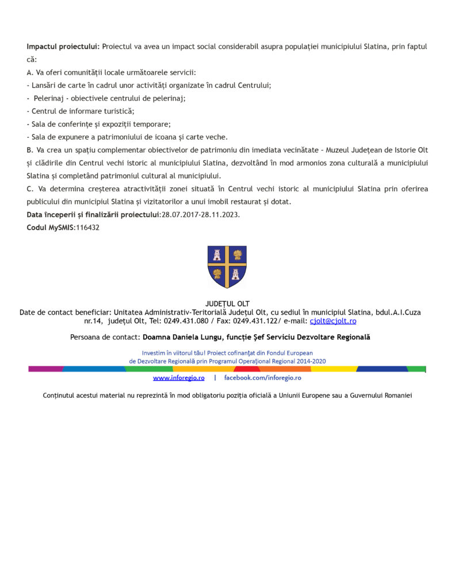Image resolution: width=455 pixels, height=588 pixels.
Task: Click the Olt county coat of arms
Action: (227, 266)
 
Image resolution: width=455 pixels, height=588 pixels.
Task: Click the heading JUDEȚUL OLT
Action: (227, 304)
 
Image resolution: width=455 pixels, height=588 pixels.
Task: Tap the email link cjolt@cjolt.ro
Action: (333, 321)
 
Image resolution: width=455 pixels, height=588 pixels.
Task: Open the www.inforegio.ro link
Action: (179, 378)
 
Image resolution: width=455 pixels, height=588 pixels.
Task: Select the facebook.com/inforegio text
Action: (262, 378)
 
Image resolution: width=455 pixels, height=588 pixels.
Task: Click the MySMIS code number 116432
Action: (87, 227)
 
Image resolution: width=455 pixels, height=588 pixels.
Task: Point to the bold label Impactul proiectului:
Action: (63, 46)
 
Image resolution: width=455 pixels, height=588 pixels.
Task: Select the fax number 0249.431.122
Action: (254, 321)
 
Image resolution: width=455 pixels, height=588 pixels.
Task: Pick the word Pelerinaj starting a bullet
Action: (48, 98)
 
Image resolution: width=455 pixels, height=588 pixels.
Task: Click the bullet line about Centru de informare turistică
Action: (81, 111)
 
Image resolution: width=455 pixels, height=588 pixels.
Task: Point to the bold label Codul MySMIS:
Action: (51, 227)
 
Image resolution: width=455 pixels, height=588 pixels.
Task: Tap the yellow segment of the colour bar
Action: (334, 369)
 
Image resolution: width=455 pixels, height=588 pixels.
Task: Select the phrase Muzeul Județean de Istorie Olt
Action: (377, 150)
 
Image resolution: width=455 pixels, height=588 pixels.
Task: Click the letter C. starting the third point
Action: (30, 189)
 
